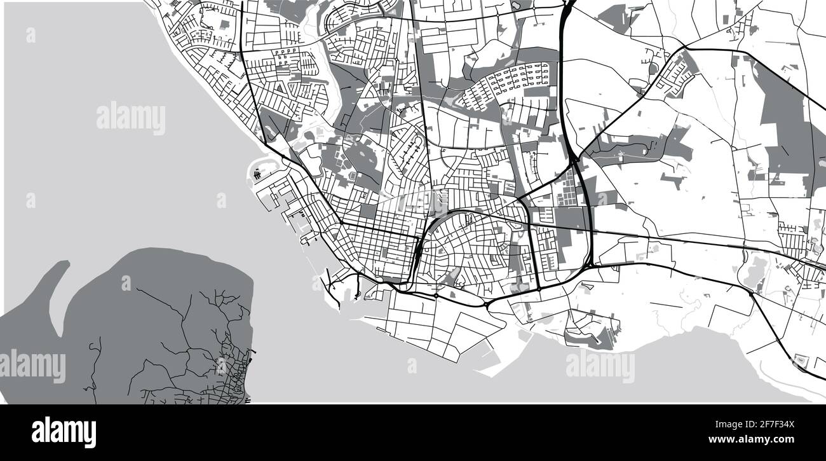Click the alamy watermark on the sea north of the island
(x=130, y=118)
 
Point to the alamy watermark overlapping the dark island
(x=32, y=366)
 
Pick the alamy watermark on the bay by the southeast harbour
(x=599, y=367)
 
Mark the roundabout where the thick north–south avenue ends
(x=539, y=289)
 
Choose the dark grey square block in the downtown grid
(x=368, y=210)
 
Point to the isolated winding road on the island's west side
(x=95, y=362)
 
